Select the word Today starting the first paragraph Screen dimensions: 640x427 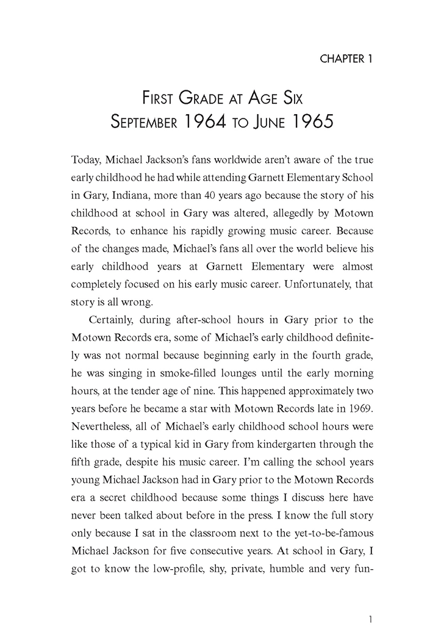coord(86,160)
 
